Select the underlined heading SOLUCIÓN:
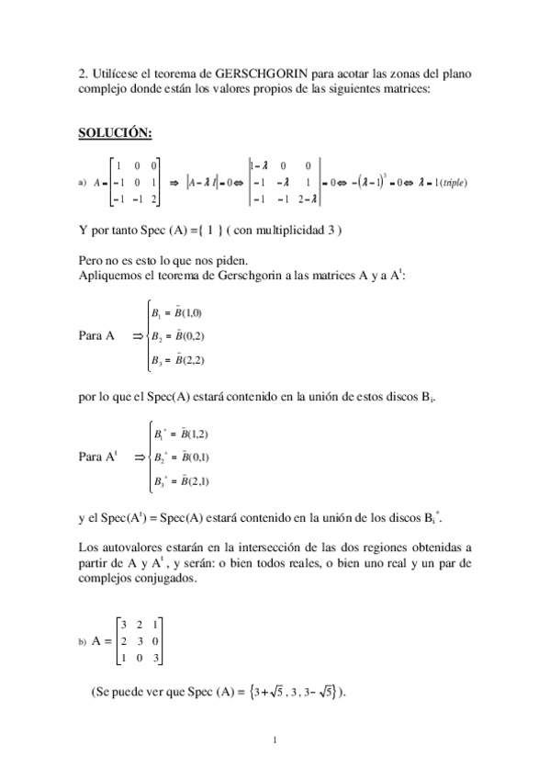tap(115, 132)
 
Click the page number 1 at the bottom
tap(275, 738)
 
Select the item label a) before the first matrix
tap(83, 182)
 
